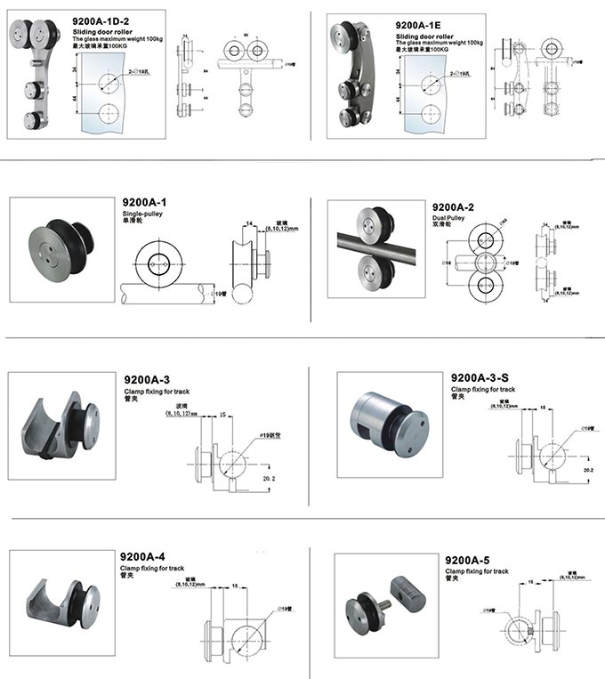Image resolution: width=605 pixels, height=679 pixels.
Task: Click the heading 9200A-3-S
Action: [480, 378]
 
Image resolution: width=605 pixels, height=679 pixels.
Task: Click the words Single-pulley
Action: [141, 215]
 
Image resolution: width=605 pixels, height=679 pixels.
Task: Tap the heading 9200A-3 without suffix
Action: [147, 378]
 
